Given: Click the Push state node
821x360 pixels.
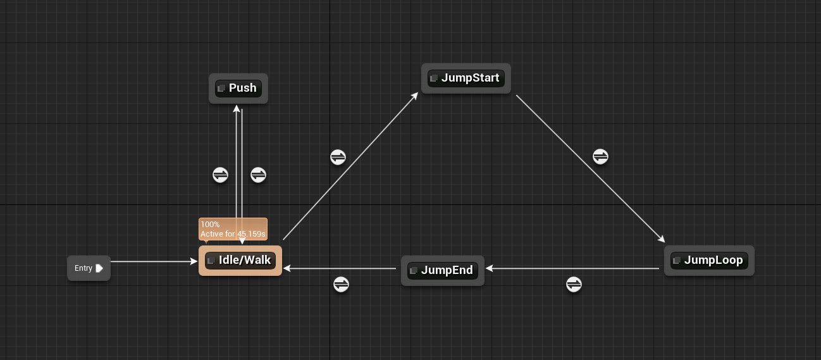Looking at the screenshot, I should point(238,88).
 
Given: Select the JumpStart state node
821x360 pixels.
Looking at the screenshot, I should point(466,78).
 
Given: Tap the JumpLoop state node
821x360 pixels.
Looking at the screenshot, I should point(709,261).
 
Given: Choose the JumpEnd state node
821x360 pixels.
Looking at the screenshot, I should point(442,271).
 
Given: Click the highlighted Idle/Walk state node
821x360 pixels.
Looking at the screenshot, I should point(240,261).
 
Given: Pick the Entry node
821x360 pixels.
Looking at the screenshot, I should point(89,268).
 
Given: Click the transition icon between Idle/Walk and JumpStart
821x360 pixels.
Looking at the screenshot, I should point(338,157).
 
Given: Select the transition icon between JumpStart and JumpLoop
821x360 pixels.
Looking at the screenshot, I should point(600,156).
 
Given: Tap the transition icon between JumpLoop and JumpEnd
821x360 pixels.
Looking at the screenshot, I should point(574,285).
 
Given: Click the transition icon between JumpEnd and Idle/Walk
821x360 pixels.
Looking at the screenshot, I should point(341,285).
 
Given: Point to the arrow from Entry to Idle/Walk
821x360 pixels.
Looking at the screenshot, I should point(152,261).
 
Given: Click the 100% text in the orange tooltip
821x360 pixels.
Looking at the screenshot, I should point(210,225).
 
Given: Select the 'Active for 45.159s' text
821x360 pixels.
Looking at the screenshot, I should point(233,234).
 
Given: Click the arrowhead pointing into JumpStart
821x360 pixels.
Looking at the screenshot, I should point(415,96).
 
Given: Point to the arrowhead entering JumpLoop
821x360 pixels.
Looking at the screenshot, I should point(662,239).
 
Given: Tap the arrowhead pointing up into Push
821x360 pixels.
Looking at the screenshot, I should point(237,109).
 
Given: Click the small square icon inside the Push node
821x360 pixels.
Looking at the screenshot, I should point(221,89).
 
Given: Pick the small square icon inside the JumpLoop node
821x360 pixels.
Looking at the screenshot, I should point(677,261).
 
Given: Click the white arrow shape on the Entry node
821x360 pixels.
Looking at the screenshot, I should point(99,268).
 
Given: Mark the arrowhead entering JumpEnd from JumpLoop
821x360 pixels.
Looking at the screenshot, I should point(489,269).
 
